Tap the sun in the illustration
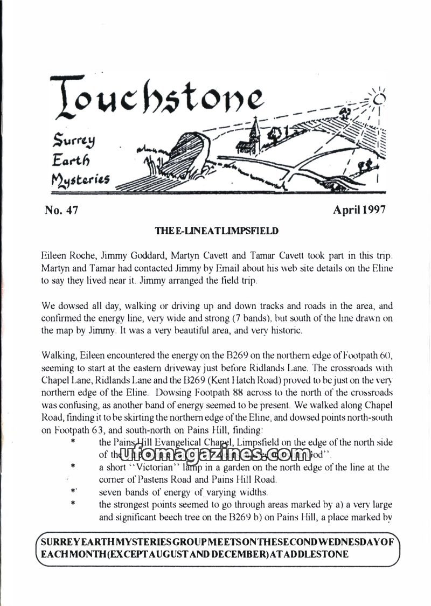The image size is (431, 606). click(381, 98)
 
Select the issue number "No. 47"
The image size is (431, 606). click(62, 210)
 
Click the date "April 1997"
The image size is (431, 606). click(359, 210)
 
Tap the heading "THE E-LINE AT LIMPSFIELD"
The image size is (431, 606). click(217, 231)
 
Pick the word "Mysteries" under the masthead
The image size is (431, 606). click(80, 177)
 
